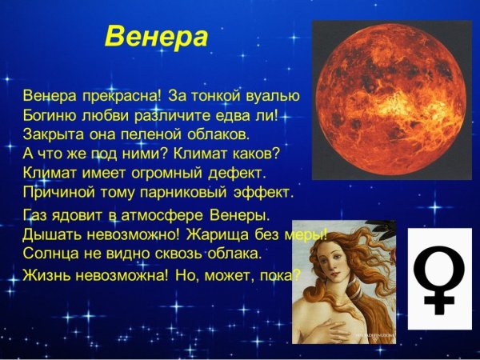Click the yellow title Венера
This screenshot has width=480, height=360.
(x=157, y=38)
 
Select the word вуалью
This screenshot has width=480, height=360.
(x=272, y=98)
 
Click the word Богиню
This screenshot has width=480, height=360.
(x=50, y=115)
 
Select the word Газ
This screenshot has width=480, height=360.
(x=36, y=217)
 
